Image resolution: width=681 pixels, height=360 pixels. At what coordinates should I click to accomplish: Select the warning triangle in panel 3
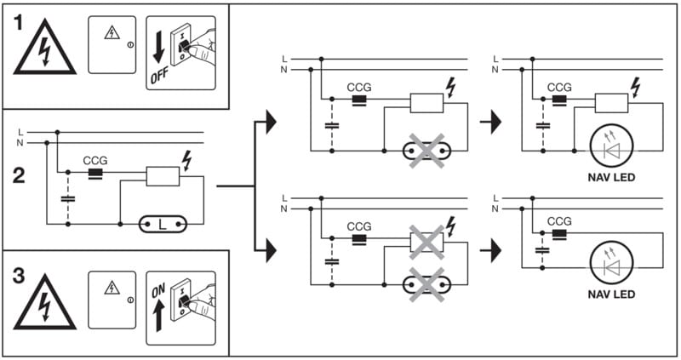[44, 302]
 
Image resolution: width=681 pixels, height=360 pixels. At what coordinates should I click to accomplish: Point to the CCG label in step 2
[95, 160]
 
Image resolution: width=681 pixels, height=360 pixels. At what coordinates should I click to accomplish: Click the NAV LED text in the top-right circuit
[609, 178]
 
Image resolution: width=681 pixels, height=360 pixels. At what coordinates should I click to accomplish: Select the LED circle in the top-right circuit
[609, 146]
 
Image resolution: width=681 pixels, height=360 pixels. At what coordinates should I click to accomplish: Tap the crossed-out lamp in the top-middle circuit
[426, 151]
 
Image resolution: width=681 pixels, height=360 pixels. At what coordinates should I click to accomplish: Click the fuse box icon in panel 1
[112, 43]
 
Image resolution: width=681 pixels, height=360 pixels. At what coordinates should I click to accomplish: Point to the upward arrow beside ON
[159, 316]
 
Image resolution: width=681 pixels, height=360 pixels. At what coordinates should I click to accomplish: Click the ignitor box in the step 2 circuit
[163, 176]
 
